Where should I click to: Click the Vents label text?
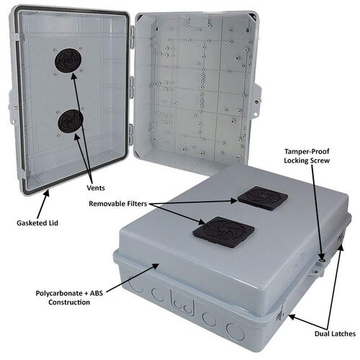coord(96,188)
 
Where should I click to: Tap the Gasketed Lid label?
coord(37,223)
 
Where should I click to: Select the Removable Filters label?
coord(118,204)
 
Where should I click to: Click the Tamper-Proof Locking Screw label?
coord(307,156)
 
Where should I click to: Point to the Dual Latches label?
coord(335,333)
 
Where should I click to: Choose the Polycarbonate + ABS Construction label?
coord(69,297)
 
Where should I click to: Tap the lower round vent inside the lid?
coord(71,121)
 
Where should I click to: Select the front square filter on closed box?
coord(224,233)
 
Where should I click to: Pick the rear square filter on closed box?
coord(263,199)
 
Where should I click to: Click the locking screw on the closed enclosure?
coord(321,261)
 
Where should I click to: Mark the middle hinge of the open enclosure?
coord(131,88)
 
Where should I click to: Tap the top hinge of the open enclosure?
coord(132,37)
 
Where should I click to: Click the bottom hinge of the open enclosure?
coord(131,135)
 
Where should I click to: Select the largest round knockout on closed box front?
coord(235,332)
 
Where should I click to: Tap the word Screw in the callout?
coord(320,161)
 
